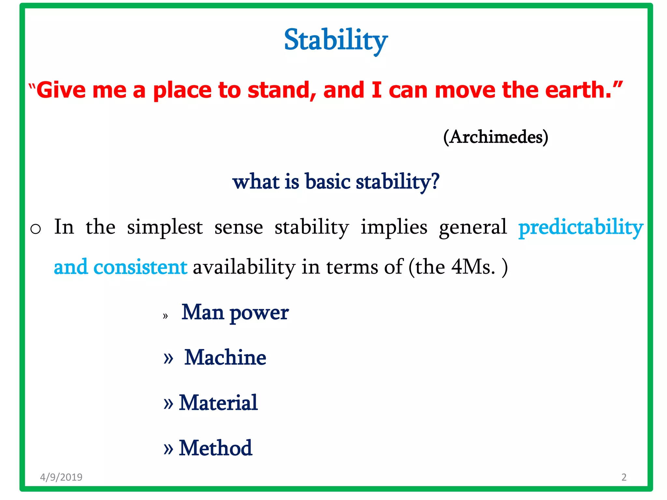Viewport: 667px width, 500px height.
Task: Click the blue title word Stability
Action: pos(336,40)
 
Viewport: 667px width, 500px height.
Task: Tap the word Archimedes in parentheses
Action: pos(496,137)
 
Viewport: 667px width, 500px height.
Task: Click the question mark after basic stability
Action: pos(435,181)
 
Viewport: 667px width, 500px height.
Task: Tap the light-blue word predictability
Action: pos(581,228)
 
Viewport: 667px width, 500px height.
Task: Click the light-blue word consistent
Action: pos(140,267)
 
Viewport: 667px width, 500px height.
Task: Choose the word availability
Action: pos(244,267)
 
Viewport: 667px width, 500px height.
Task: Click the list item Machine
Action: pos(225,357)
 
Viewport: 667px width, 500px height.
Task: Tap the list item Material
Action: pos(218,403)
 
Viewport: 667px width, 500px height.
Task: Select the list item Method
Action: pos(215,448)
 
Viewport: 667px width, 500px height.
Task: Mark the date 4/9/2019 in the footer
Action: pos(61,477)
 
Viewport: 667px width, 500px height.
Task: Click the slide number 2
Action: pos(624,477)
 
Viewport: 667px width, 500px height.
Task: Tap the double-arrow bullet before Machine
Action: pos(168,358)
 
